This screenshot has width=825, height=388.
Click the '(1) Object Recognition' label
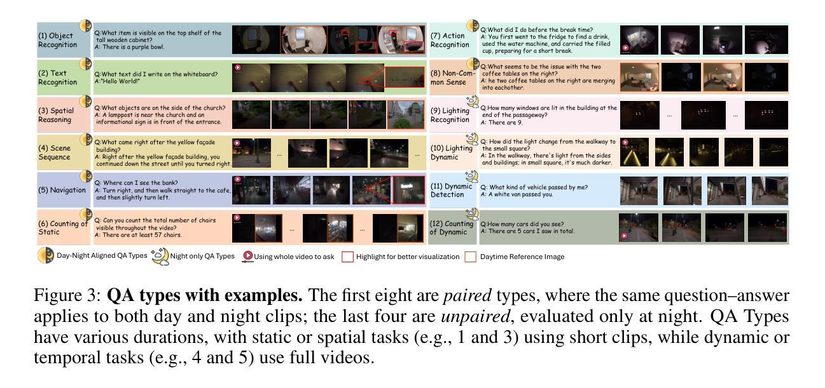58,40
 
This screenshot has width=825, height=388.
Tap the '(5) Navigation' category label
62,190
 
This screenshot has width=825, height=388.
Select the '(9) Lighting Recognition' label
450,115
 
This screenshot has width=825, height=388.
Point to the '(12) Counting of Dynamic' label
452,227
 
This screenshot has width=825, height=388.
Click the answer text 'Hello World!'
118,81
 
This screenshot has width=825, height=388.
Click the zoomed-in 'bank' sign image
409,190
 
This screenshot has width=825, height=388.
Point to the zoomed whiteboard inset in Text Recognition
405,77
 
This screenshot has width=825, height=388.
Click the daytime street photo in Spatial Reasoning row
406,115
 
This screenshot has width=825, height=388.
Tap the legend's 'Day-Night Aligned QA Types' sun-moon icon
46,255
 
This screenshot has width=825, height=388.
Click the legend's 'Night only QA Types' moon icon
160,256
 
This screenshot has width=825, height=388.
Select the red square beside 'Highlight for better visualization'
347,257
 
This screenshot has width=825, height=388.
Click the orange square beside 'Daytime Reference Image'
470,257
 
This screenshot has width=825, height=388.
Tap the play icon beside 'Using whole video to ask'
247,256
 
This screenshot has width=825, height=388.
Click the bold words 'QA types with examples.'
205,295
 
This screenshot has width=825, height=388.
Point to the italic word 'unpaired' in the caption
476,316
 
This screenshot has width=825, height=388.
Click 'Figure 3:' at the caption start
67,295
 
